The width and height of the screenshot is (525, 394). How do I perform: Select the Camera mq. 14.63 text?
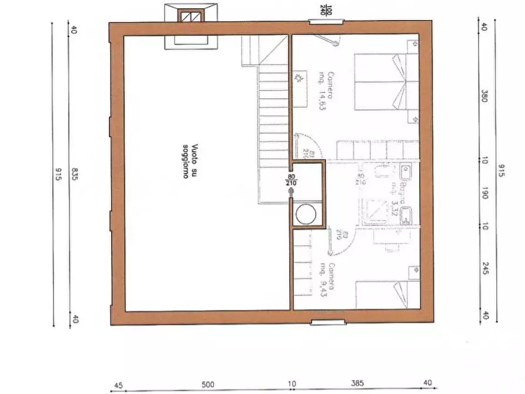point(326,91)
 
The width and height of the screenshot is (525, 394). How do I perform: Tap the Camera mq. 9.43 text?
point(327,280)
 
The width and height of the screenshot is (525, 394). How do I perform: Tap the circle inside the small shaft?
point(306,214)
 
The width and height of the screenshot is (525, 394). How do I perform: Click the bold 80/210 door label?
point(291,180)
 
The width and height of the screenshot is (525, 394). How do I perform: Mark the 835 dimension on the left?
point(74,175)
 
